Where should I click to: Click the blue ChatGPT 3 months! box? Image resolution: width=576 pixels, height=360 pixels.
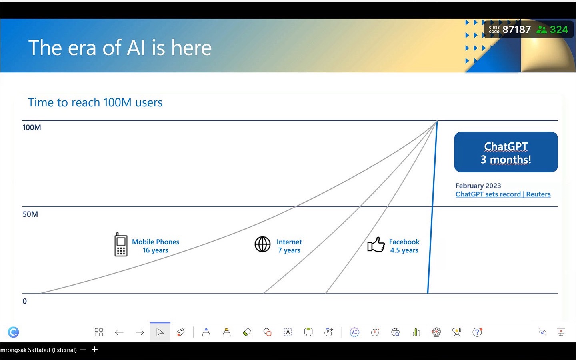click(x=506, y=152)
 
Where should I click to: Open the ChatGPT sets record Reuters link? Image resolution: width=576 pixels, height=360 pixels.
click(x=503, y=194)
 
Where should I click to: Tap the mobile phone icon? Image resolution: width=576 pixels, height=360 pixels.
click(x=121, y=244)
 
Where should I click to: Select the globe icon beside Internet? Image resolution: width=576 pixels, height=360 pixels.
click(x=262, y=244)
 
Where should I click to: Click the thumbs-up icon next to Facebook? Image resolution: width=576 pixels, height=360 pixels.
click(x=376, y=244)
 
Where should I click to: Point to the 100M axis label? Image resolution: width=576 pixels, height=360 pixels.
click(x=32, y=128)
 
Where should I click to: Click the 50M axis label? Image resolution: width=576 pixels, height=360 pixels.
click(x=30, y=214)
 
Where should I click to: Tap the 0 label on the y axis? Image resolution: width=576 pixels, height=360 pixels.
click(x=25, y=301)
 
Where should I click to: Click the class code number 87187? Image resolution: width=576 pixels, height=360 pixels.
click(x=516, y=30)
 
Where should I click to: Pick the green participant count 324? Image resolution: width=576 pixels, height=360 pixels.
click(x=559, y=30)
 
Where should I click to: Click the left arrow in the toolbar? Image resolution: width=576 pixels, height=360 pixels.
click(x=119, y=332)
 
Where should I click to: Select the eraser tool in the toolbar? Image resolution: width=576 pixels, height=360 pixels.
click(x=247, y=332)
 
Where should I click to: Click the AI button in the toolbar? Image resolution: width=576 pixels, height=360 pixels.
click(x=354, y=332)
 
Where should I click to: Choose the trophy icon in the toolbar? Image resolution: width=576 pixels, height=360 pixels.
click(x=457, y=332)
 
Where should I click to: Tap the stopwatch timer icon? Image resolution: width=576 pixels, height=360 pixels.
click(x=375, y=332)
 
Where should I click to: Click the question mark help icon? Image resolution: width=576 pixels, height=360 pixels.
click(x=477, y=332)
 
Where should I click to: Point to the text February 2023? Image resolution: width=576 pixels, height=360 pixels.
click(x=478, y=186)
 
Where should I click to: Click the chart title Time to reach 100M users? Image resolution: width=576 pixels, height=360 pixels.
click(x=95, y=102)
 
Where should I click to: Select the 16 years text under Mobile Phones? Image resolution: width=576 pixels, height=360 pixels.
click(x=155, y=250)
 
